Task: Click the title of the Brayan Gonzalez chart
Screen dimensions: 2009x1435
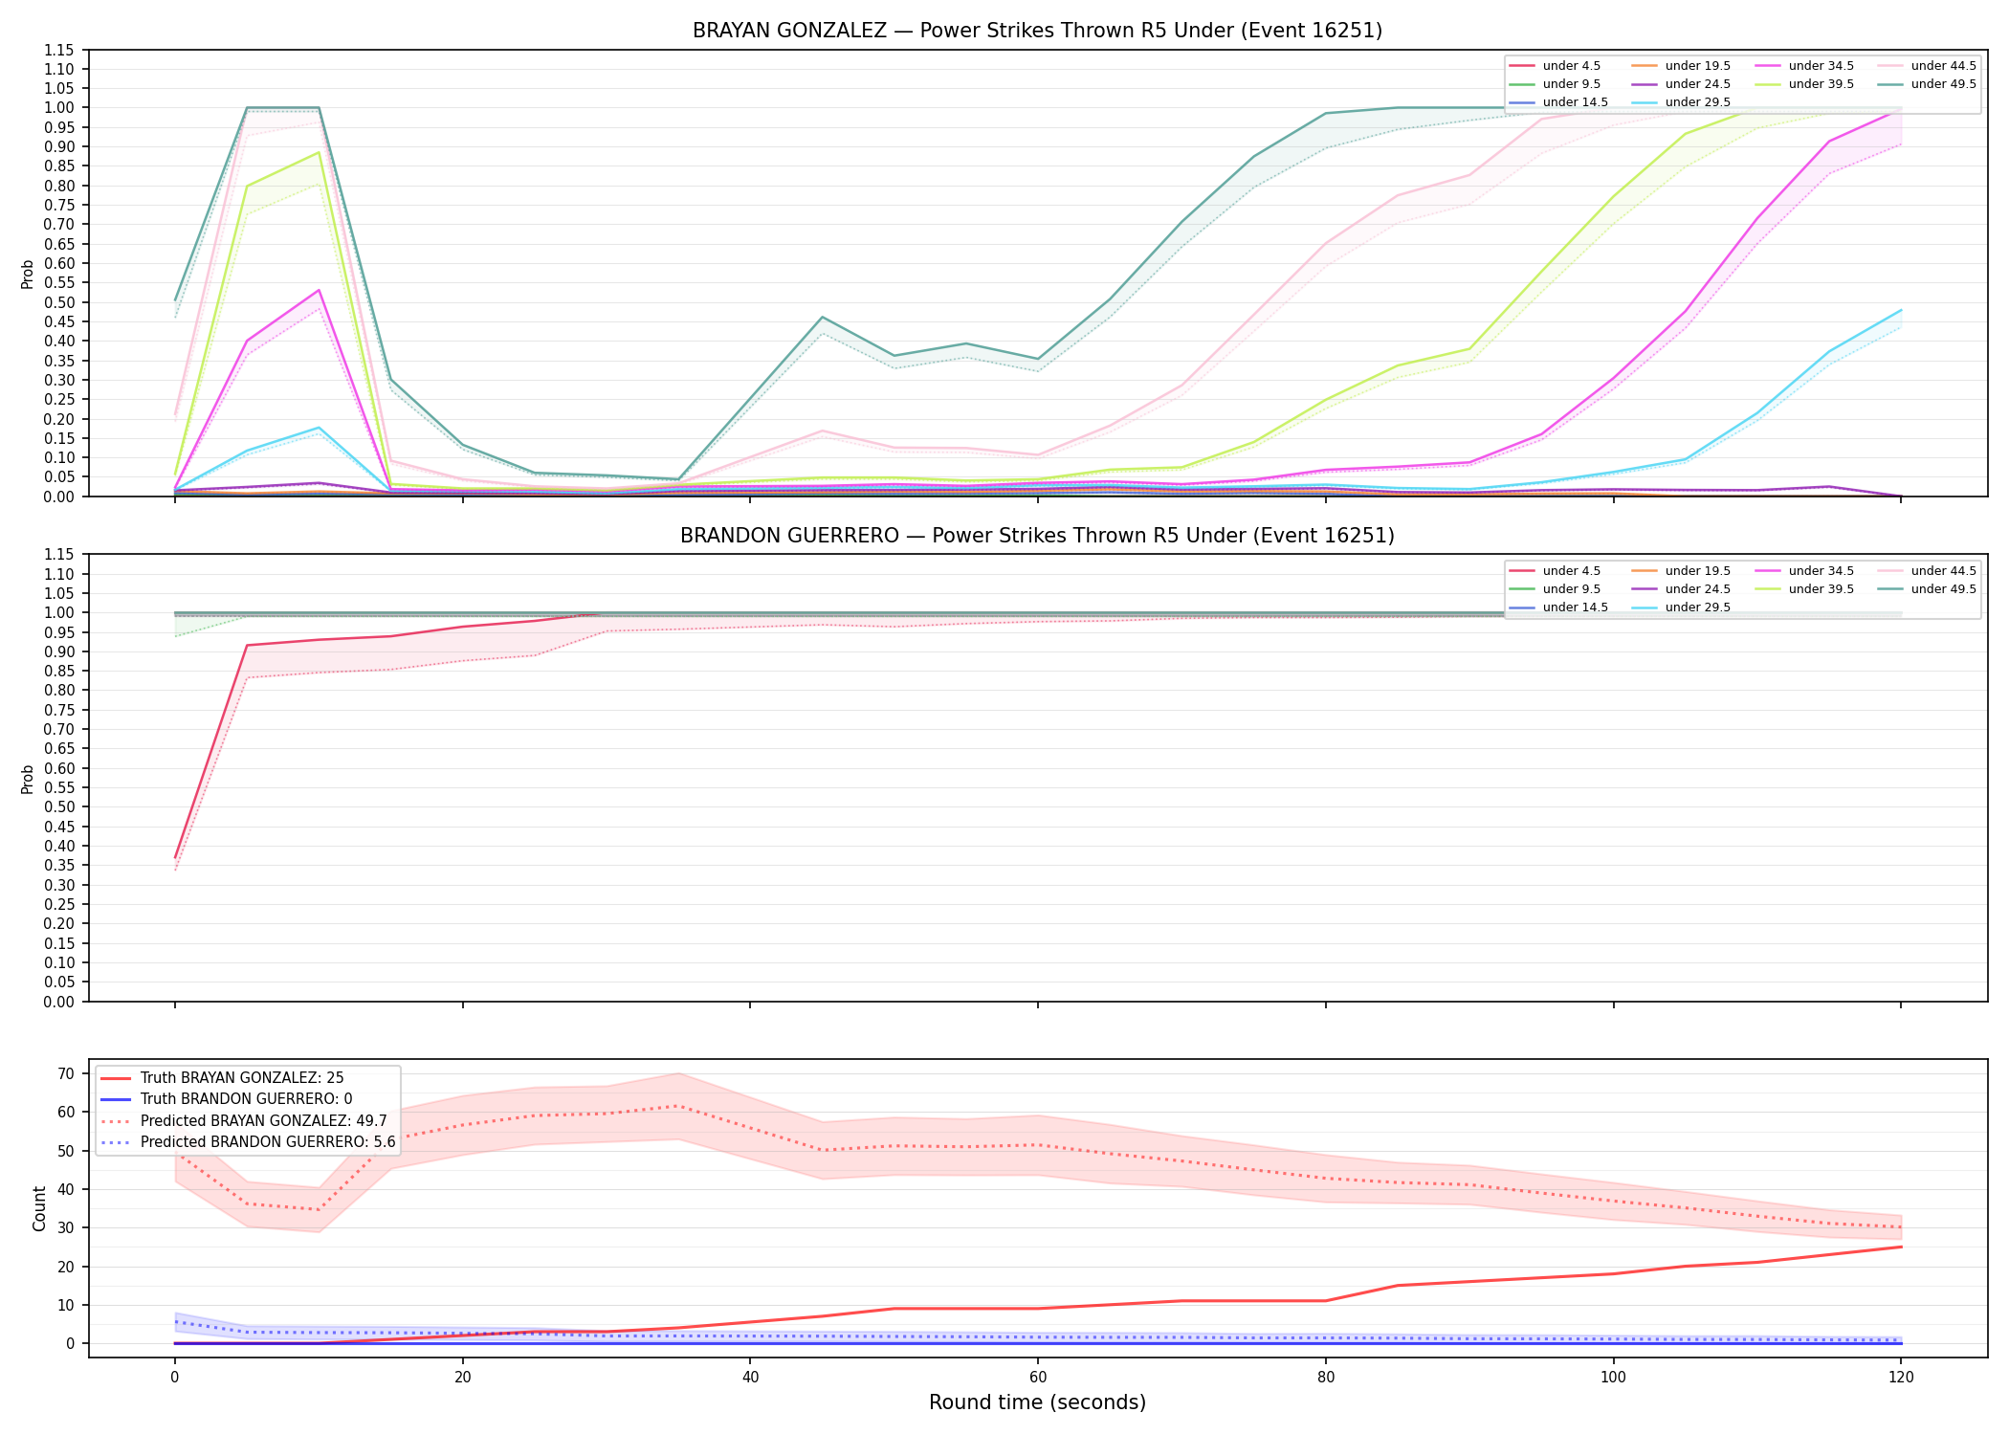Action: click(1037, 31)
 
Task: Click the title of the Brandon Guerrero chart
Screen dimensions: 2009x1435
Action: click(1037, 536)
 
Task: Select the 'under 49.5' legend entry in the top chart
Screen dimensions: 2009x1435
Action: click(1931, 84)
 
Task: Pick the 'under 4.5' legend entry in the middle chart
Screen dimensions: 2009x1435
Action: click(1555, 571)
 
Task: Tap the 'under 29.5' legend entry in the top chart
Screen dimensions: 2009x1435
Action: click(1681, 102)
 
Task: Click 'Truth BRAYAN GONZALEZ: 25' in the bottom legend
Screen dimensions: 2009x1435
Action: click(222, 1078)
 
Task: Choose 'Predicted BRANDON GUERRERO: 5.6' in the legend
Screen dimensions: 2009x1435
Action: click(247, 1142)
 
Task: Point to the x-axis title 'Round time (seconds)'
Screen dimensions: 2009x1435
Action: click(1037, 1402)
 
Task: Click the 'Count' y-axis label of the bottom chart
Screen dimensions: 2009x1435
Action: click(39, 1208)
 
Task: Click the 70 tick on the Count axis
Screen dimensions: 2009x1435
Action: click(66, 1073)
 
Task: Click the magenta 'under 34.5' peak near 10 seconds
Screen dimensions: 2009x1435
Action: click(319, 290)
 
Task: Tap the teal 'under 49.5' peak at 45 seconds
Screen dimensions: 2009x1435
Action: click(822, 317)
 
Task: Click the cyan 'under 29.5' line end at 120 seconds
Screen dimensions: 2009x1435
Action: click(1900, 310)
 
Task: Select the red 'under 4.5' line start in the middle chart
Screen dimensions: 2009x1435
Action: click(175, 857)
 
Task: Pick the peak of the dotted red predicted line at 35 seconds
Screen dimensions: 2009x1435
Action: click(678, 1106)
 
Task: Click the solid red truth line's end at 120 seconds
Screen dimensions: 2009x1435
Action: click(1900, 1247)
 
